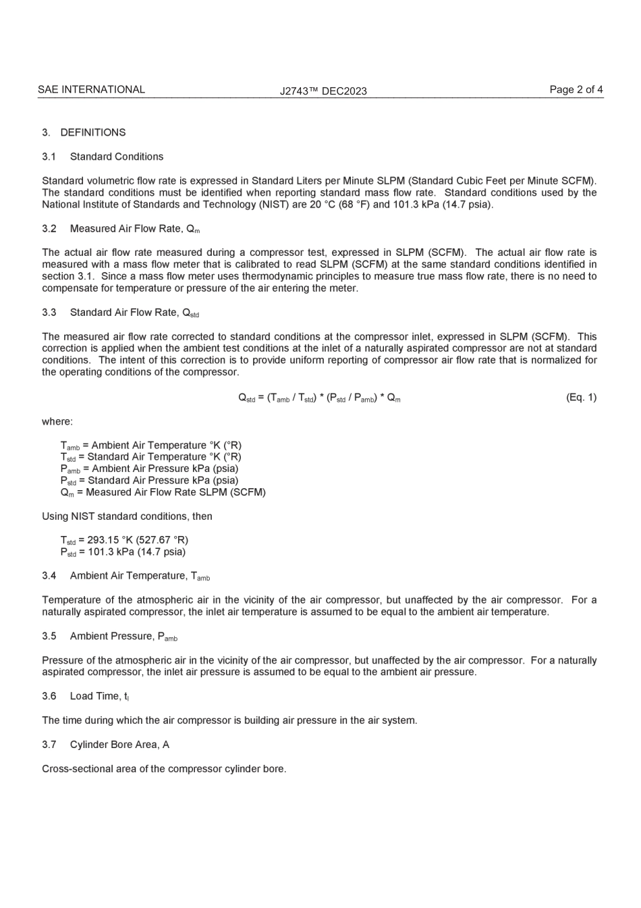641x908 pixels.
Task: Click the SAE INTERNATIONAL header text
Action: [91, 89]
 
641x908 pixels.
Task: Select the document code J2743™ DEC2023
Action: [323, 91]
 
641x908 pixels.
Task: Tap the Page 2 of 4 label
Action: [576, 89]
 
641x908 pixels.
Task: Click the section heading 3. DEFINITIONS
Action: [84, 132]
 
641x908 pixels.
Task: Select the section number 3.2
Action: [49, 228]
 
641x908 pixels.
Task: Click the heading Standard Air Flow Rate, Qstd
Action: [134, 313]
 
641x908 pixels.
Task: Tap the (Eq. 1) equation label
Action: [581, 397]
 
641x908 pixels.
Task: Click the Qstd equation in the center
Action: [319, 398]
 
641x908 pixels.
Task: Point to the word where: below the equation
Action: [57, 421]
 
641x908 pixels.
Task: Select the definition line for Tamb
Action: [150, 446]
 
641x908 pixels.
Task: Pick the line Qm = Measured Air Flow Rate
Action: [163, 492]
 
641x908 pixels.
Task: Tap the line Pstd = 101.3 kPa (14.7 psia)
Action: [123, 552]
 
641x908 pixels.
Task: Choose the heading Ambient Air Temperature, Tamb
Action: [139, 576]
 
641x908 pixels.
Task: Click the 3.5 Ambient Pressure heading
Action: [110, 636]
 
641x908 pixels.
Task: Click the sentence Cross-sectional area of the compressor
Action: [164, 768]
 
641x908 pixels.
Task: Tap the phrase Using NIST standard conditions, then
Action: [127, 516]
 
